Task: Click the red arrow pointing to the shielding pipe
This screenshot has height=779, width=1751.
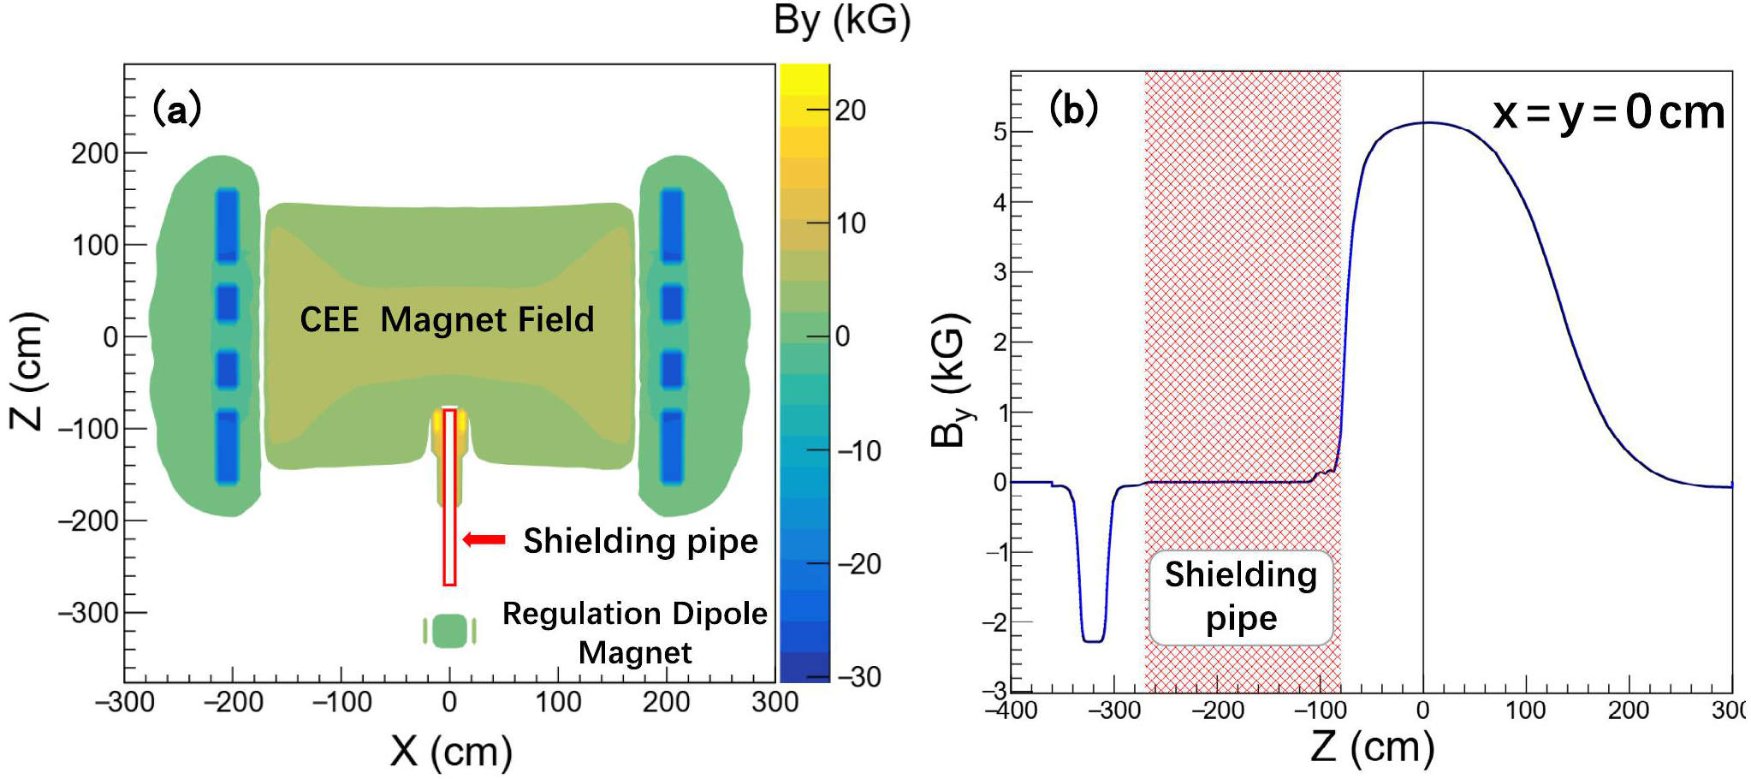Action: [x=484, y=539]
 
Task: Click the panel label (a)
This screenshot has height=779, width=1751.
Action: [x=176, y=110]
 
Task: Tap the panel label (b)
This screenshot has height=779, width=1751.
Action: [x=1073, y=108]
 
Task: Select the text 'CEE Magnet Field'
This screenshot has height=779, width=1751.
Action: [x=447, y=319]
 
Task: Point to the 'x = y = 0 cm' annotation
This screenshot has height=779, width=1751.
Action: [x=1609, y=113]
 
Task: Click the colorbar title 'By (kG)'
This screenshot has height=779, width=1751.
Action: [x=842, y=21]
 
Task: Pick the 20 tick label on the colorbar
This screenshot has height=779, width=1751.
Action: [x=850, y=110]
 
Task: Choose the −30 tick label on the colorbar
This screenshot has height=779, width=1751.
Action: [x=858, y=677]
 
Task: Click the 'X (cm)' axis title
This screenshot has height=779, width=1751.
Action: [x=451, y=752]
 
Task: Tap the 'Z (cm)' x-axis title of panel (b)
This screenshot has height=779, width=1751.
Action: [x=1372, y=746]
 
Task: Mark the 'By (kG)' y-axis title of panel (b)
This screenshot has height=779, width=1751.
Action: [x=951, y=380]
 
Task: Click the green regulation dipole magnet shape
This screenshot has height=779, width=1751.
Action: [x=449, y=631]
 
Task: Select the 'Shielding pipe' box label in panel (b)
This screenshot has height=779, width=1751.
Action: [x=1241, y=597]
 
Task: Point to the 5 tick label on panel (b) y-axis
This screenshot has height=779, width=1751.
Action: [x=1000, y=132]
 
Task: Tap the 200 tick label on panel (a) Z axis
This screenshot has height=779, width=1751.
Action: [x=94, y=153]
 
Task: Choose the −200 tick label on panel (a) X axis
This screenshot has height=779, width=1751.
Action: [x=233, y=702]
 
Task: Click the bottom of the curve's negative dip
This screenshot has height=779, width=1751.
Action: [x=1093, y=641]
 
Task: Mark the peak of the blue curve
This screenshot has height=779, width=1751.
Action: [x=1424, y=122]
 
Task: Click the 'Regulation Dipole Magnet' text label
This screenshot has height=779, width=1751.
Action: [x=635, y=633]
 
